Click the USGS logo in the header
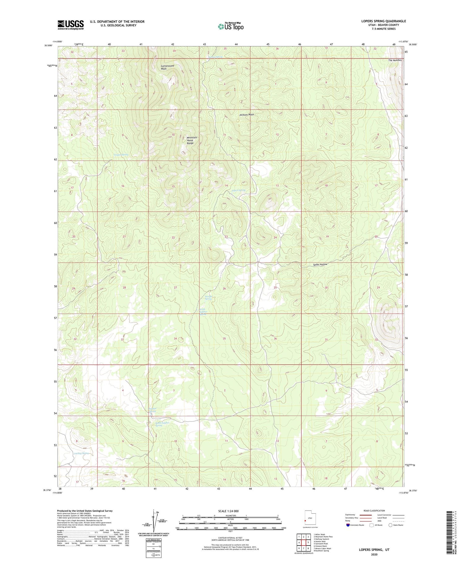(x=71, y=25)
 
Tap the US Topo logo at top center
(x=230, y=27)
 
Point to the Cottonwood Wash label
(x=167, y=67)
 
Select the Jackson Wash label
(x=247, y=114)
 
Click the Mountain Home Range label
(x=191, y=140)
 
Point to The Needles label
(x=395, y=60)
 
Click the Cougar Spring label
(x=121, y=155)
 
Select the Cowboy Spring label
(x=81, y=453)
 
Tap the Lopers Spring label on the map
(x=238, y=190)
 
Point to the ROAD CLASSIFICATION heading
(x=374, y=511)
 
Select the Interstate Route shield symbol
(x=348, y=525)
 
